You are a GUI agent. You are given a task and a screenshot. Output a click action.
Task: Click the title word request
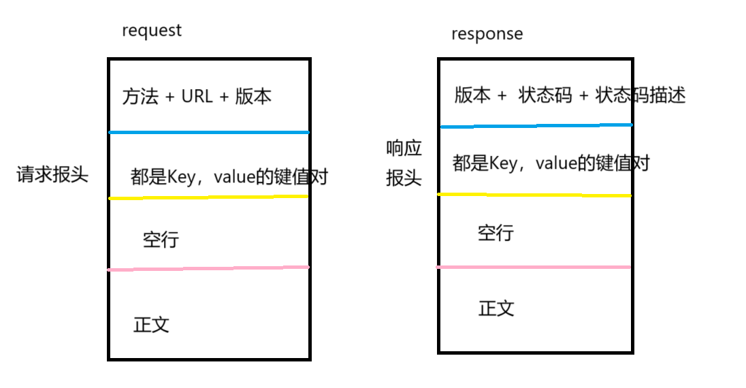point(152,31)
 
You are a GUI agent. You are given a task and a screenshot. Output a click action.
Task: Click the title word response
point(487,34)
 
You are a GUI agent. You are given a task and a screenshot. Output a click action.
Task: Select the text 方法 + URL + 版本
point(197,97)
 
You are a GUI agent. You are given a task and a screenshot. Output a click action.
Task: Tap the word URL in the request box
point(197,97)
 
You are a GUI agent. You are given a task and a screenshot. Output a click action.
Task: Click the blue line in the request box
point(208,132)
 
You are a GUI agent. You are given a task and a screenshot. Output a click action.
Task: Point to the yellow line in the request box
point(208,197)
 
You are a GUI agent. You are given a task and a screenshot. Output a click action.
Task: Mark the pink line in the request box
point(208,268)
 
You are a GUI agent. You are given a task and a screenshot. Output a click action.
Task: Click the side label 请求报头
point(52,174)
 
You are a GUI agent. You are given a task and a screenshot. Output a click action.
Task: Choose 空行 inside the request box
point(161,240)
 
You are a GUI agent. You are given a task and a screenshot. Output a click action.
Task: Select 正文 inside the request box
point(151,324)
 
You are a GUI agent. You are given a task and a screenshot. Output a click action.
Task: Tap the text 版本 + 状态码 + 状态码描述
point(569,95)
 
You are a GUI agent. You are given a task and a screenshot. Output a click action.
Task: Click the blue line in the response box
point(536,125)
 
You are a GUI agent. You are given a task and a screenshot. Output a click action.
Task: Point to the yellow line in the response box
point(534,195)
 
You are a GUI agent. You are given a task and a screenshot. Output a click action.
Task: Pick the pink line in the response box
point(534,267)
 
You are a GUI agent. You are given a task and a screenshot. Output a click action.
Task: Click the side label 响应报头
point(404,163)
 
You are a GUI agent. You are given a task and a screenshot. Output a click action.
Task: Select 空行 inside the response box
point(496,233)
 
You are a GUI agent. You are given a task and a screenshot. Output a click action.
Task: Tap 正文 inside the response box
point(496,308)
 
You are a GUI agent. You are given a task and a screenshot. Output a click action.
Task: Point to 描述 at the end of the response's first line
point(667,95)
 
